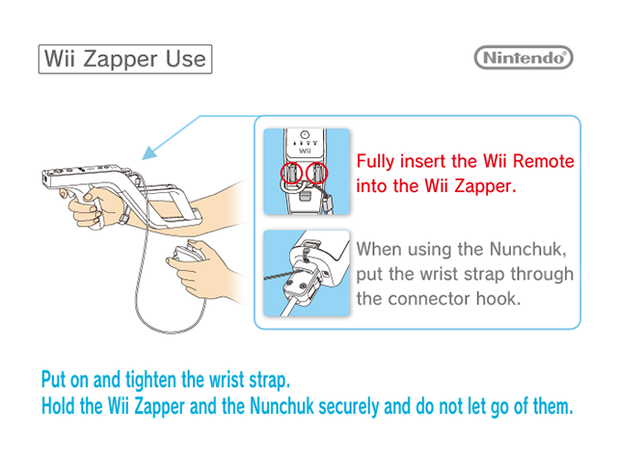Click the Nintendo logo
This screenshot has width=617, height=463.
523,58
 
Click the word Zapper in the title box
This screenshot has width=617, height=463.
120,60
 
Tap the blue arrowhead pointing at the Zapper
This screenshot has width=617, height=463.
149,153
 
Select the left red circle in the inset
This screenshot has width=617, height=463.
291,173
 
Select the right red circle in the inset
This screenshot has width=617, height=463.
317,173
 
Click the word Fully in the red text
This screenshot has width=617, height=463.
375,162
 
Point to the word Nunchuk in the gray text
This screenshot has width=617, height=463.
528,249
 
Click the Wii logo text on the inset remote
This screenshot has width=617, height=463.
305,150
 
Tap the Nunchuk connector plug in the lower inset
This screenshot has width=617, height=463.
302,286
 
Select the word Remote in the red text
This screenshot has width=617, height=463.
544,161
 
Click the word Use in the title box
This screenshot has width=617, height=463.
186,59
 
